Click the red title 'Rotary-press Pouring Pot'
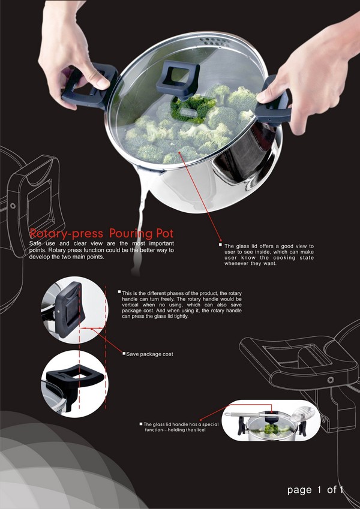pos(101,233)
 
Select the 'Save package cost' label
pos(149,354)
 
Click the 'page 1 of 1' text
pos(315,490)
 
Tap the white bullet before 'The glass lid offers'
pos(220,245)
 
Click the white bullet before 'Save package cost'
pos(124,353)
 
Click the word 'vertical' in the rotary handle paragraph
pos(130,305)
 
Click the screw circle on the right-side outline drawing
pos(331,380)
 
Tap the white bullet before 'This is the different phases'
pos(119,292)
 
